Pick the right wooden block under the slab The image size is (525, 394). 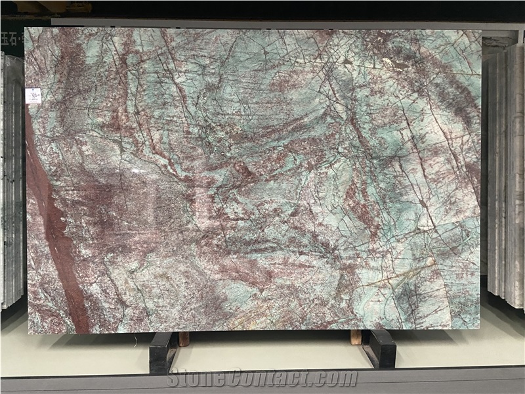pyautogui.click(x=356, y=338)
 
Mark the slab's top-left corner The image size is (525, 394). pyautogui.click(x=26, y=28)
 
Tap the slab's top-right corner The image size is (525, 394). pyautogui.click(x=480, y=31)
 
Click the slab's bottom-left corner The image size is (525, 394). pyautogui.click(x=29, y=333)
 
